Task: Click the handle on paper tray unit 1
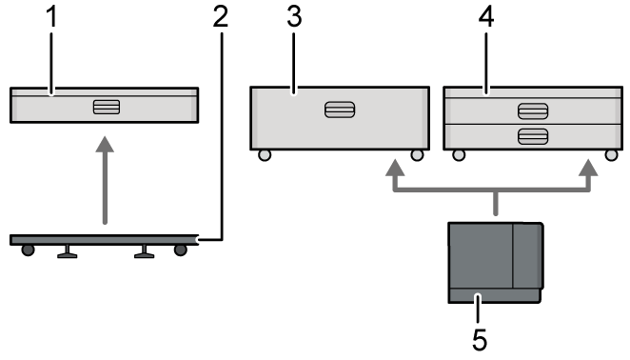pos(105,106)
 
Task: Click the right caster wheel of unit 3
pos(416,155)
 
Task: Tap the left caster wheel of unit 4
pos(459,155)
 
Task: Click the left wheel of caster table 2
pos(29,250)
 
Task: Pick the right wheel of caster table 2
pos(181,250)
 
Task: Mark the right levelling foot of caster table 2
pos(145,251)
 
